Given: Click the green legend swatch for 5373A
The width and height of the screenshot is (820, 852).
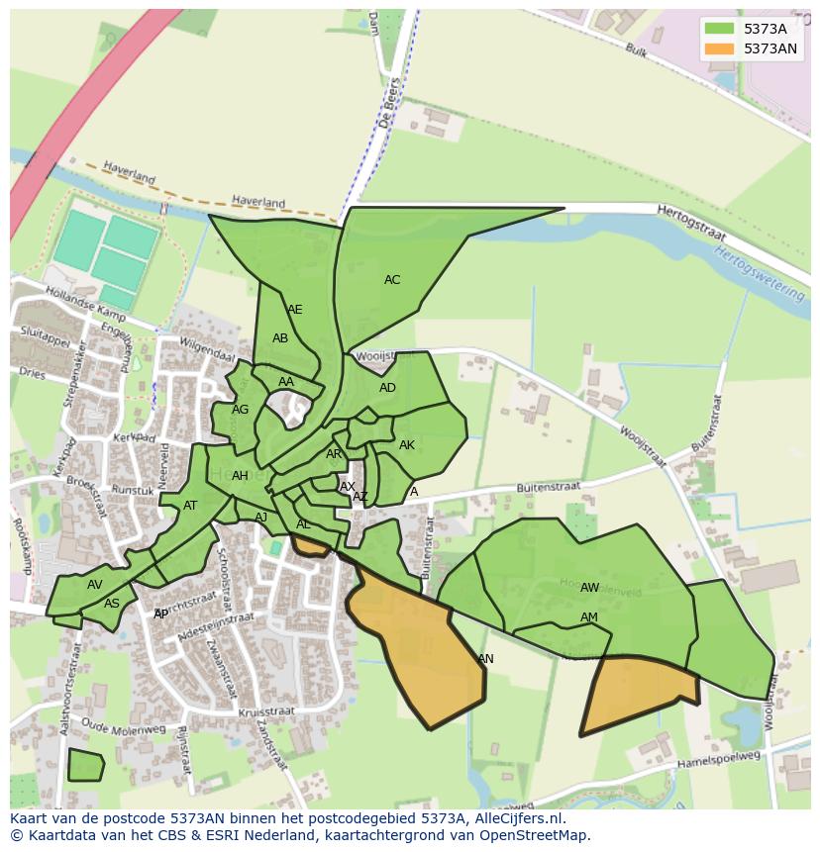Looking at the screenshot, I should pos(719,29).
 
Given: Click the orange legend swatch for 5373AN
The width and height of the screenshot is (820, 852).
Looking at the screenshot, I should pos(719,48).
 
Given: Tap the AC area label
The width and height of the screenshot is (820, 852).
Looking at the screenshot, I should pos(392,280).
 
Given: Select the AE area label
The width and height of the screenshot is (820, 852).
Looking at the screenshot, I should pos(294,310).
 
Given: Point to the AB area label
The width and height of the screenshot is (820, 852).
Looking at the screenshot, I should pos(280,338).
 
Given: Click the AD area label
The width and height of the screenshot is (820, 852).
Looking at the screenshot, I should pos(387,388).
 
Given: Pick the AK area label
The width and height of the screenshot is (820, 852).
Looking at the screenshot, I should pos(407,445).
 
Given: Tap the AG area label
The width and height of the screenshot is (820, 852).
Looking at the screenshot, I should pos(240,410).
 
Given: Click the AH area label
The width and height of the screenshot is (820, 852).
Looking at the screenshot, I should pos(240,476).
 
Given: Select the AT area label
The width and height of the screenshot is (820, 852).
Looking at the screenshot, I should pos(190,506).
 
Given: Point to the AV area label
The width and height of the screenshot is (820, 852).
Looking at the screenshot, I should pos(94,585).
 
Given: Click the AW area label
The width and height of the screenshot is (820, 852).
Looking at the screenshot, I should pos(589,588).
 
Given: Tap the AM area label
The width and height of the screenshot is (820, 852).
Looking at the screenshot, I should pos(589,617).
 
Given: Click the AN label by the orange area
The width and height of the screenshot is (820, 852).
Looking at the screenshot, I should pos(485,659).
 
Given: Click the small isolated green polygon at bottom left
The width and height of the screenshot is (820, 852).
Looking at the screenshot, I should pos(85,765).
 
